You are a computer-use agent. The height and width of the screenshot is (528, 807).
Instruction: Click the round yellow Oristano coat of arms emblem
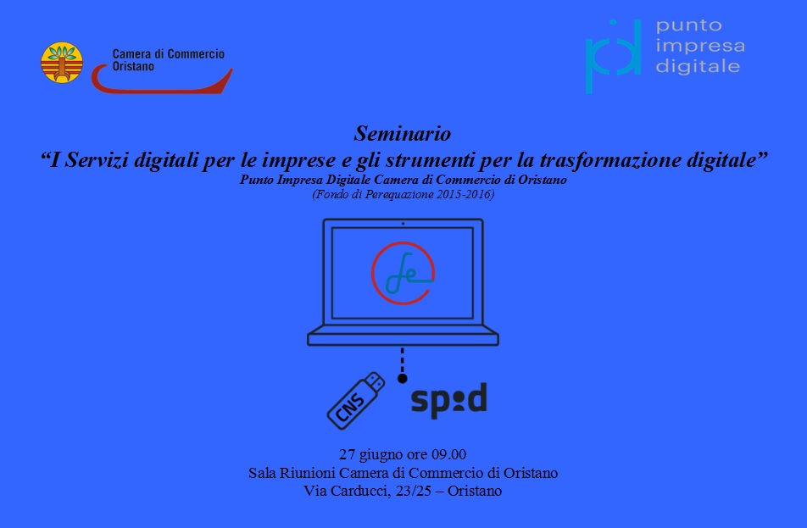62,62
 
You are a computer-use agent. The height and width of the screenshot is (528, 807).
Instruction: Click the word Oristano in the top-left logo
133,66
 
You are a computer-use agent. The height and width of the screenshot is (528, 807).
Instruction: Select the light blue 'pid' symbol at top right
613,56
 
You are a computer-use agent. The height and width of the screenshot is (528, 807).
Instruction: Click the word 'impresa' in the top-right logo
700,46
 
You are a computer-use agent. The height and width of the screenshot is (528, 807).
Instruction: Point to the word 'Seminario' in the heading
403,134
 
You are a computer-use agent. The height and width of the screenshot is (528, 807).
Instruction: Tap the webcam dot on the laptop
403,224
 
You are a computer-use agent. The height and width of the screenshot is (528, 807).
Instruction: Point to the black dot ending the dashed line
403,378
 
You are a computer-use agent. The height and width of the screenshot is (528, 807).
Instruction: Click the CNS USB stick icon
356,400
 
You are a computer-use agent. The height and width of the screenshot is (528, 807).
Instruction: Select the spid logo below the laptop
448,400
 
